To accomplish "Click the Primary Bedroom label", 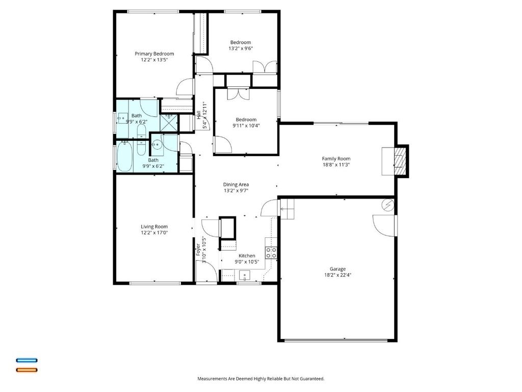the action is pyautogui.click(x=154, y=54).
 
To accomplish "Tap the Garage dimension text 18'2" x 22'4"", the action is pyautogui.click(x=337, y=275).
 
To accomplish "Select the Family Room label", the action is pyautogui.click(x=336, y=159).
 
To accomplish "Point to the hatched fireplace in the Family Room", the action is pyautogui.click(x=400, y=161).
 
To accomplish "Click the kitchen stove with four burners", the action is pyautogui.click(x=271, y=252).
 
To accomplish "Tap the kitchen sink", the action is pyautogui.click(x=245, y=276).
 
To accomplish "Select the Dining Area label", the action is pyautogui.click(x=236, y=185).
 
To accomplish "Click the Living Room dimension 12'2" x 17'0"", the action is pyautogui.click(x=154, y=233).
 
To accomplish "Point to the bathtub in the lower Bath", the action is pyautogui.click(x=124, y=156).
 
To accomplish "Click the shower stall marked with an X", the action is pyautogui.click(x=169, y=123).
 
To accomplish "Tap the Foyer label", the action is pyautogui.click(x=198, y=250).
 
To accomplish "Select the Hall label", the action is pyautogui.click(x=199, y=115).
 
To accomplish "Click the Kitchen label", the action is pyautogui.click(x=247, y=256).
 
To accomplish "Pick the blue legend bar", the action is pyautogui.click(x=27, y=360).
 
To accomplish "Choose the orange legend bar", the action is pyautogui.click(x=27, y=370).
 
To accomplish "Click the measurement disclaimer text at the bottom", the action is pyautogui.click(x=260, y=379).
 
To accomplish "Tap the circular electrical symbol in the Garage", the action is pyautogui.click(x=388, y=205).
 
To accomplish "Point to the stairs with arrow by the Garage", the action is pyautogui.click(x=288, y=209).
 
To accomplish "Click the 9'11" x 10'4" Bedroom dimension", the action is pyautogui.click(x=246, y=126).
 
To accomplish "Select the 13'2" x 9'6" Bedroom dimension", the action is pyautogui.click(x=241, y=48).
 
